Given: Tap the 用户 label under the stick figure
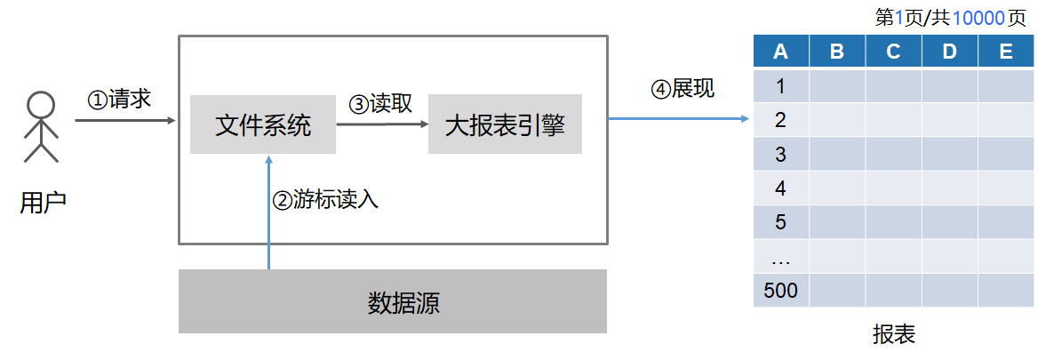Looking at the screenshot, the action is tap(43, 204).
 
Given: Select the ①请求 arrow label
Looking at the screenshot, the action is tap(119, 100).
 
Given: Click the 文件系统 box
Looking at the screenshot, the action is tap(263, 124).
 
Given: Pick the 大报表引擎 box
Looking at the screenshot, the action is tap(505, 124).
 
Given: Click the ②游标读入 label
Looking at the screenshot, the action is tap(325, 199).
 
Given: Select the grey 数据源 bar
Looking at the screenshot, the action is tap(393, 301).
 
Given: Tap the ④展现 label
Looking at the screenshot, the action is tap(683, 88).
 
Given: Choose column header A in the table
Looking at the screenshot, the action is tap(781, 52).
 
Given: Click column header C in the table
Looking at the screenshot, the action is tap(894, 52).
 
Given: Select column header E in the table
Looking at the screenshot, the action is tap(1006, 52).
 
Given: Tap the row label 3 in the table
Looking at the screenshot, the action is tap(781, 154).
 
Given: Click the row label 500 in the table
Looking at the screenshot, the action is tap(781, 290).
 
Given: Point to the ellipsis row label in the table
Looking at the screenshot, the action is tap(781, 260).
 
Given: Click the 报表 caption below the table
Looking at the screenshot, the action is tap(894, 334).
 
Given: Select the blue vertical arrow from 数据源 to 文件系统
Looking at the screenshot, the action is tap(268, 212).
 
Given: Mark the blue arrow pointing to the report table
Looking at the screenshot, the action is tap(679, 119).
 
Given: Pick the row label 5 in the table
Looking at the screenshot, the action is tap(781, 221).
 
